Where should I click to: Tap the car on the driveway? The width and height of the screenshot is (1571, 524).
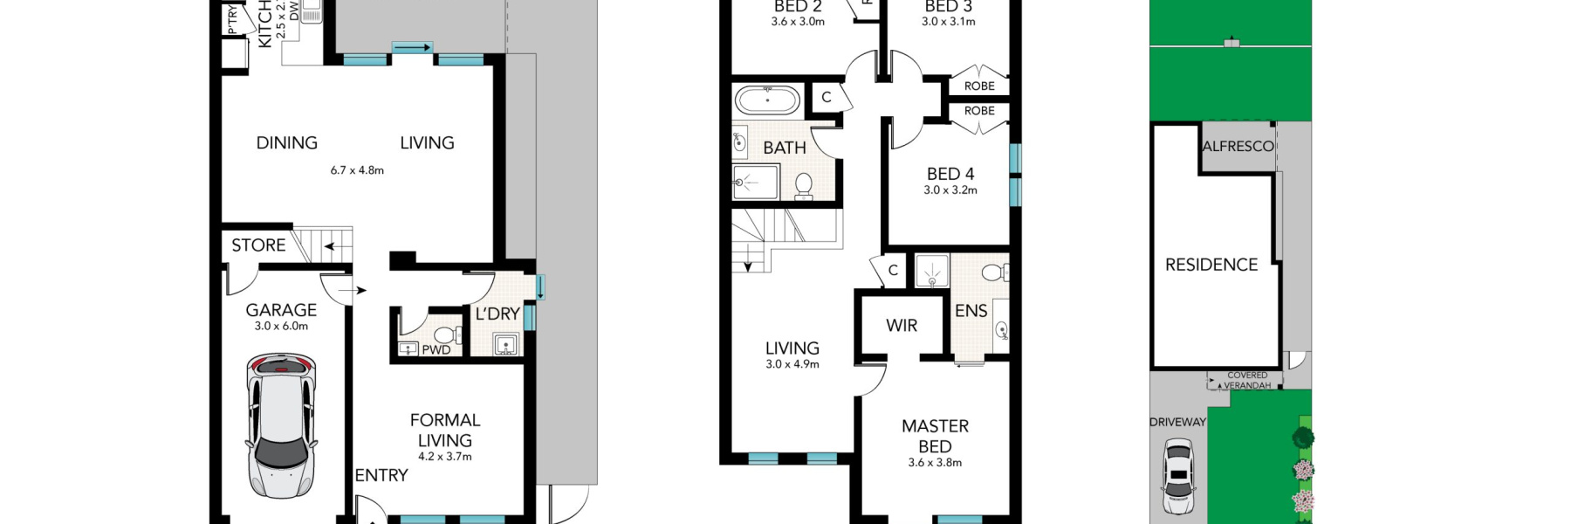pyautogui.click(x=1178, y=477)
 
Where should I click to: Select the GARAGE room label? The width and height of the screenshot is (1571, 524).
pyautogui.click(x=281, y=310)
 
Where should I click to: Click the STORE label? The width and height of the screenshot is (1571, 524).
pyautogui.click(x=258, y=245)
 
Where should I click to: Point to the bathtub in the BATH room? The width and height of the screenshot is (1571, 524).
pyautogui.click(x=767, y=100)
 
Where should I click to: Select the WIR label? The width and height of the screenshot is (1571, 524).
pyautogui.click(x=902, y=326)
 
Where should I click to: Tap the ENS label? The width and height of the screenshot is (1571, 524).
pyautogui.click(x=971, y=311)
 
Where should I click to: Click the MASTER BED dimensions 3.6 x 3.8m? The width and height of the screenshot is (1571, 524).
pyautogui.click(x=935, y=463)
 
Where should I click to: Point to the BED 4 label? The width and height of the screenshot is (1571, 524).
pyautogui.click(x=950, y=175)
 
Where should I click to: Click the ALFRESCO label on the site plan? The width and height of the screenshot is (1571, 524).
pyautogui.click(x=1238, y=147)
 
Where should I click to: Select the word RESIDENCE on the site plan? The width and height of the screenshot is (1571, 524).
pyautogui.click(x=1211, y=265)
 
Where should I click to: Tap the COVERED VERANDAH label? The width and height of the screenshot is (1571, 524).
pyautogui.click(x=1247, y=381)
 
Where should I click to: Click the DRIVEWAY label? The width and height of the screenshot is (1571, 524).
pyautogui.click(x=1177, y=423)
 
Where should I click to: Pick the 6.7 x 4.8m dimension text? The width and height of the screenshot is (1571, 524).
pyautogui.click(x=357, y=170)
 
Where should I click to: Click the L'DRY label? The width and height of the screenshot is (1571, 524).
pyautogui.click(x=497, y=314)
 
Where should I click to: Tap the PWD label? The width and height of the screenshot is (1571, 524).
pyautogui.click(x=436, y=350)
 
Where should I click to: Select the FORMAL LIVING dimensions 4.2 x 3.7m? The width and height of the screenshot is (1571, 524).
pyautogui.click(x=445, y=457)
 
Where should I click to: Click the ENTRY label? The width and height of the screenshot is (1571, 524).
pyautogui.click(x=381, y=476)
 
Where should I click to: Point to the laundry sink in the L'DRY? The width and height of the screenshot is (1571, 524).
pyautogui.click(x=506, y=347)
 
